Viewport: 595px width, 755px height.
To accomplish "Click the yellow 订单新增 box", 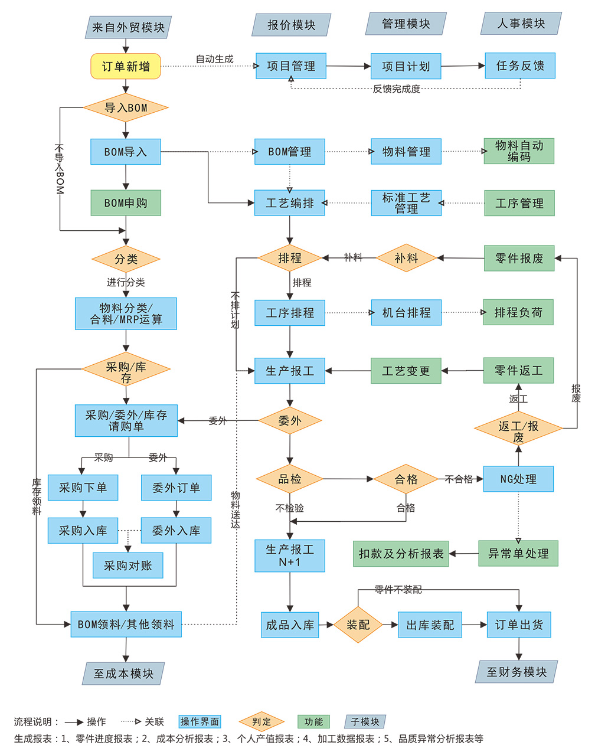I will (126, 66).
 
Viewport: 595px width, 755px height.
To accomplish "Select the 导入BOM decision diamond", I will (126, 107).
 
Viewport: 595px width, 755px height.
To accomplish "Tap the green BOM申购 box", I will (126, 202).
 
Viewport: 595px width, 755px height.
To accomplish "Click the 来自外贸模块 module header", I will (128, 27).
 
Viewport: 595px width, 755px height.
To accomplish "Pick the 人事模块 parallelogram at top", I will (521, 24).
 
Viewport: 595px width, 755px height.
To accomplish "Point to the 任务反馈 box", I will (520, 66).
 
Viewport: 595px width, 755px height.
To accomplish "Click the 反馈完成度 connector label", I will (396, 89).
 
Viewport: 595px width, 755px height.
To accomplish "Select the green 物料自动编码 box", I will (519, 151).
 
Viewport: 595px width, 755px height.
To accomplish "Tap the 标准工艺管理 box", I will (406, 202).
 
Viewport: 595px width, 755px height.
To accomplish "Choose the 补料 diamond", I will (406, 258).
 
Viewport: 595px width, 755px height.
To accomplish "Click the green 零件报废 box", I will (519, 258).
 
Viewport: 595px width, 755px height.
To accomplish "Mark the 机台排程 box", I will (406, 312).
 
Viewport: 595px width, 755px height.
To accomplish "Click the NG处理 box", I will (518, 479).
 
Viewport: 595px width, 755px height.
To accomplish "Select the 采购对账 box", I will (127, 566).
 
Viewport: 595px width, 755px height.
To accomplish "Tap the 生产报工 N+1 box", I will (290, 555).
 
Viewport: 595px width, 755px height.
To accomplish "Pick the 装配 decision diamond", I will (358, 625).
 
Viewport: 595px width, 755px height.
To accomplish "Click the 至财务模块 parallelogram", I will (516, 672).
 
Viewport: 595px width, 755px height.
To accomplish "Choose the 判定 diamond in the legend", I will (261, 721).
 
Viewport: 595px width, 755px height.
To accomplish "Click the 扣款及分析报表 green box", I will (401, 554).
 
